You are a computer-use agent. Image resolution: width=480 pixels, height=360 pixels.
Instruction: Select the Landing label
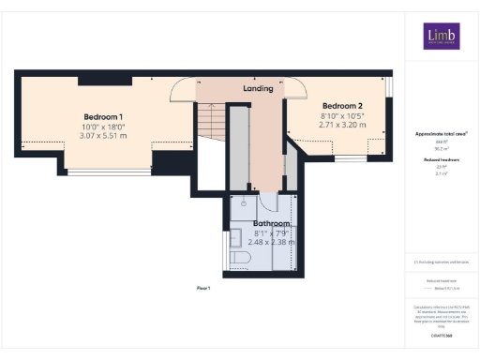258,88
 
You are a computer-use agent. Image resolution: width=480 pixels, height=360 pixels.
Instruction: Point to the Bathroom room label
271,224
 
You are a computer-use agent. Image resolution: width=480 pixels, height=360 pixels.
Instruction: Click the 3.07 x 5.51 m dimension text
104,136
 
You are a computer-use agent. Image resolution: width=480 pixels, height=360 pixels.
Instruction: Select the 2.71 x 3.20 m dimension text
338,124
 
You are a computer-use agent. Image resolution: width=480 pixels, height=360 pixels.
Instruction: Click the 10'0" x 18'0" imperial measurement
104,127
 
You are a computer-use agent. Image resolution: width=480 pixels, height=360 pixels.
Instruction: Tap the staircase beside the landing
211,120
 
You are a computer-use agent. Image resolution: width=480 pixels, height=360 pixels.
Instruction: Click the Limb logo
441,37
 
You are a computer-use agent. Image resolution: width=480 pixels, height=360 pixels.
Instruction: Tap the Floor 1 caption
205,287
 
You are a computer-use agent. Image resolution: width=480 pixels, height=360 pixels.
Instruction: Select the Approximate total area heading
441,134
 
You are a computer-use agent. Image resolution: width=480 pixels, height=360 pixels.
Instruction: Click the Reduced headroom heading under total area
441,160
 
